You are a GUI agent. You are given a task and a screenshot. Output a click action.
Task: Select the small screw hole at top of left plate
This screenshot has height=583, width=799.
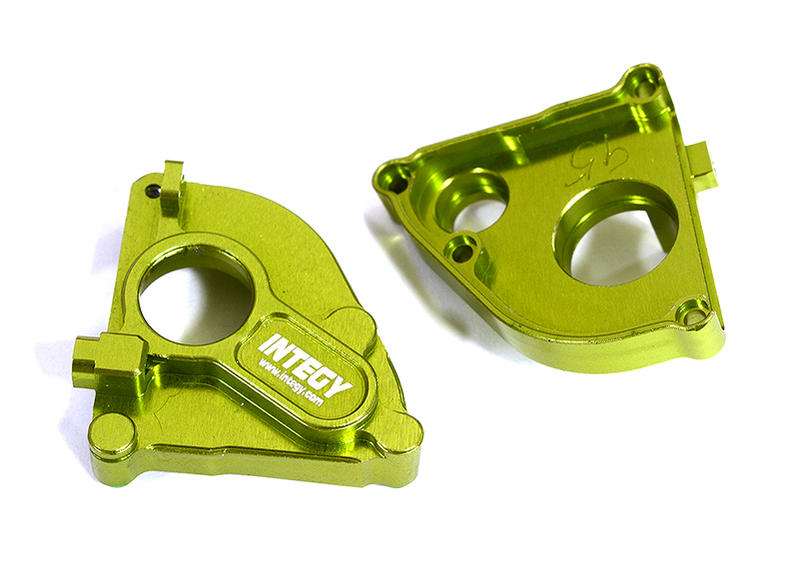pos(152,189)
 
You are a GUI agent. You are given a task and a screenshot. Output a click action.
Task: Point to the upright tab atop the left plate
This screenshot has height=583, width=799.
pos(173,187)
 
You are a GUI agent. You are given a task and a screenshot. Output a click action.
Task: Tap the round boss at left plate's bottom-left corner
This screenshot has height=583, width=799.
pos(113,434)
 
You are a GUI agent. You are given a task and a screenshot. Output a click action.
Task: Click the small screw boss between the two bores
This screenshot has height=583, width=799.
pos(462,251)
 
